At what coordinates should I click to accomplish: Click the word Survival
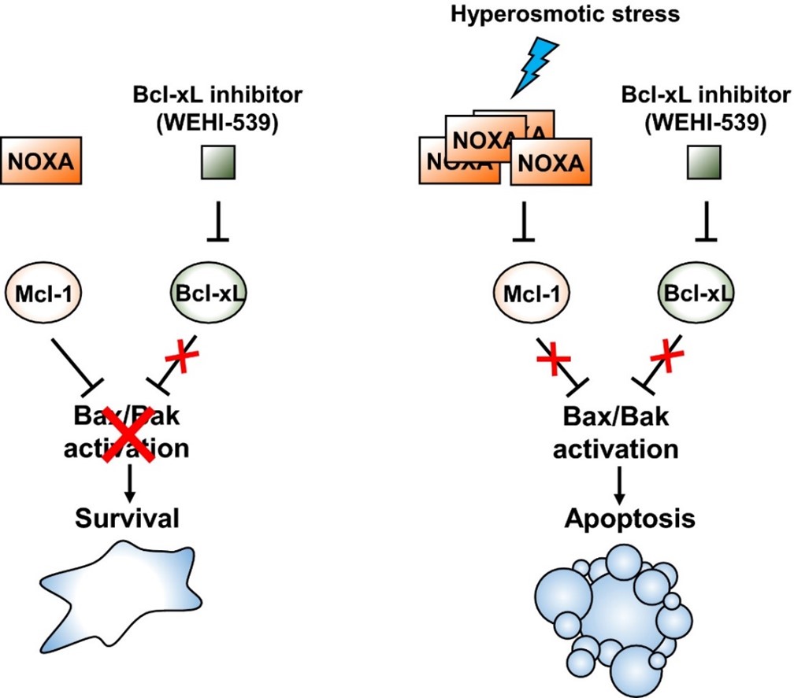[131, 519]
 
